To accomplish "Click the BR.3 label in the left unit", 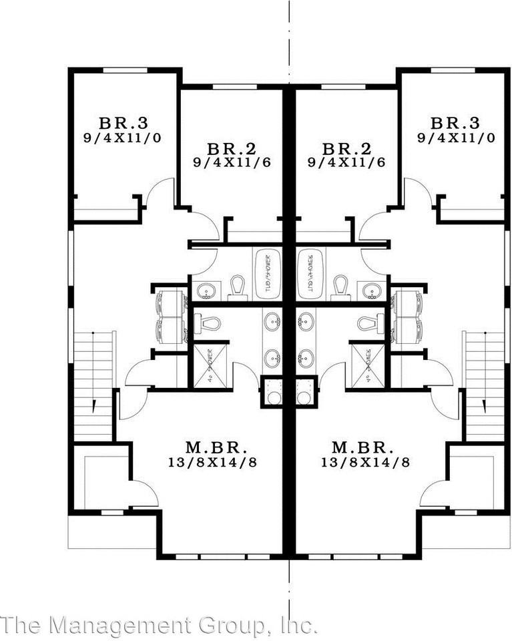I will coord(123,123).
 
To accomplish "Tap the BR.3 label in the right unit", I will coord(455,123).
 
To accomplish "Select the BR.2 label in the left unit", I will coord(232,148).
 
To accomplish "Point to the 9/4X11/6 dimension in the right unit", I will coord(346,162).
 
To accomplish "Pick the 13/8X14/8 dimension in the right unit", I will coord(365,461).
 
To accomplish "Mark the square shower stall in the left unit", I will coord(210,365).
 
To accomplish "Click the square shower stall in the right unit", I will coord(368,365).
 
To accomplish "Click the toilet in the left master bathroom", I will coord(208,324).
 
